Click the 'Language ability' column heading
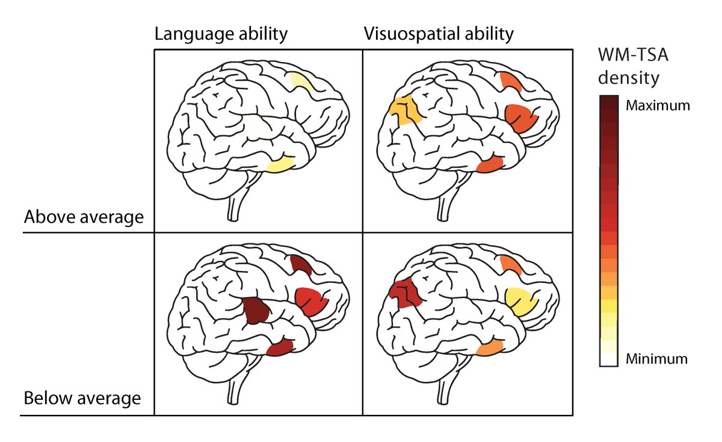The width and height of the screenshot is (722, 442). (x=221, y=34)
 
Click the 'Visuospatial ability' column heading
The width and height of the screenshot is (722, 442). (x=439, y=34)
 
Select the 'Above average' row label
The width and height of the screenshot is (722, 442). (x=84, y=217)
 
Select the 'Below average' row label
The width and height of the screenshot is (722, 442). (x=82, y=398)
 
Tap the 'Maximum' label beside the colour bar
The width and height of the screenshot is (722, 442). (x=657, y=105)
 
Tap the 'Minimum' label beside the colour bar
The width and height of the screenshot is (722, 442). (x=656, y=360)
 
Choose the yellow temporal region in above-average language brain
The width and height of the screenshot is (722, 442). (x=280, y=164)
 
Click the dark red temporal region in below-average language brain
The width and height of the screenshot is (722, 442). (x=280, y=347)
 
